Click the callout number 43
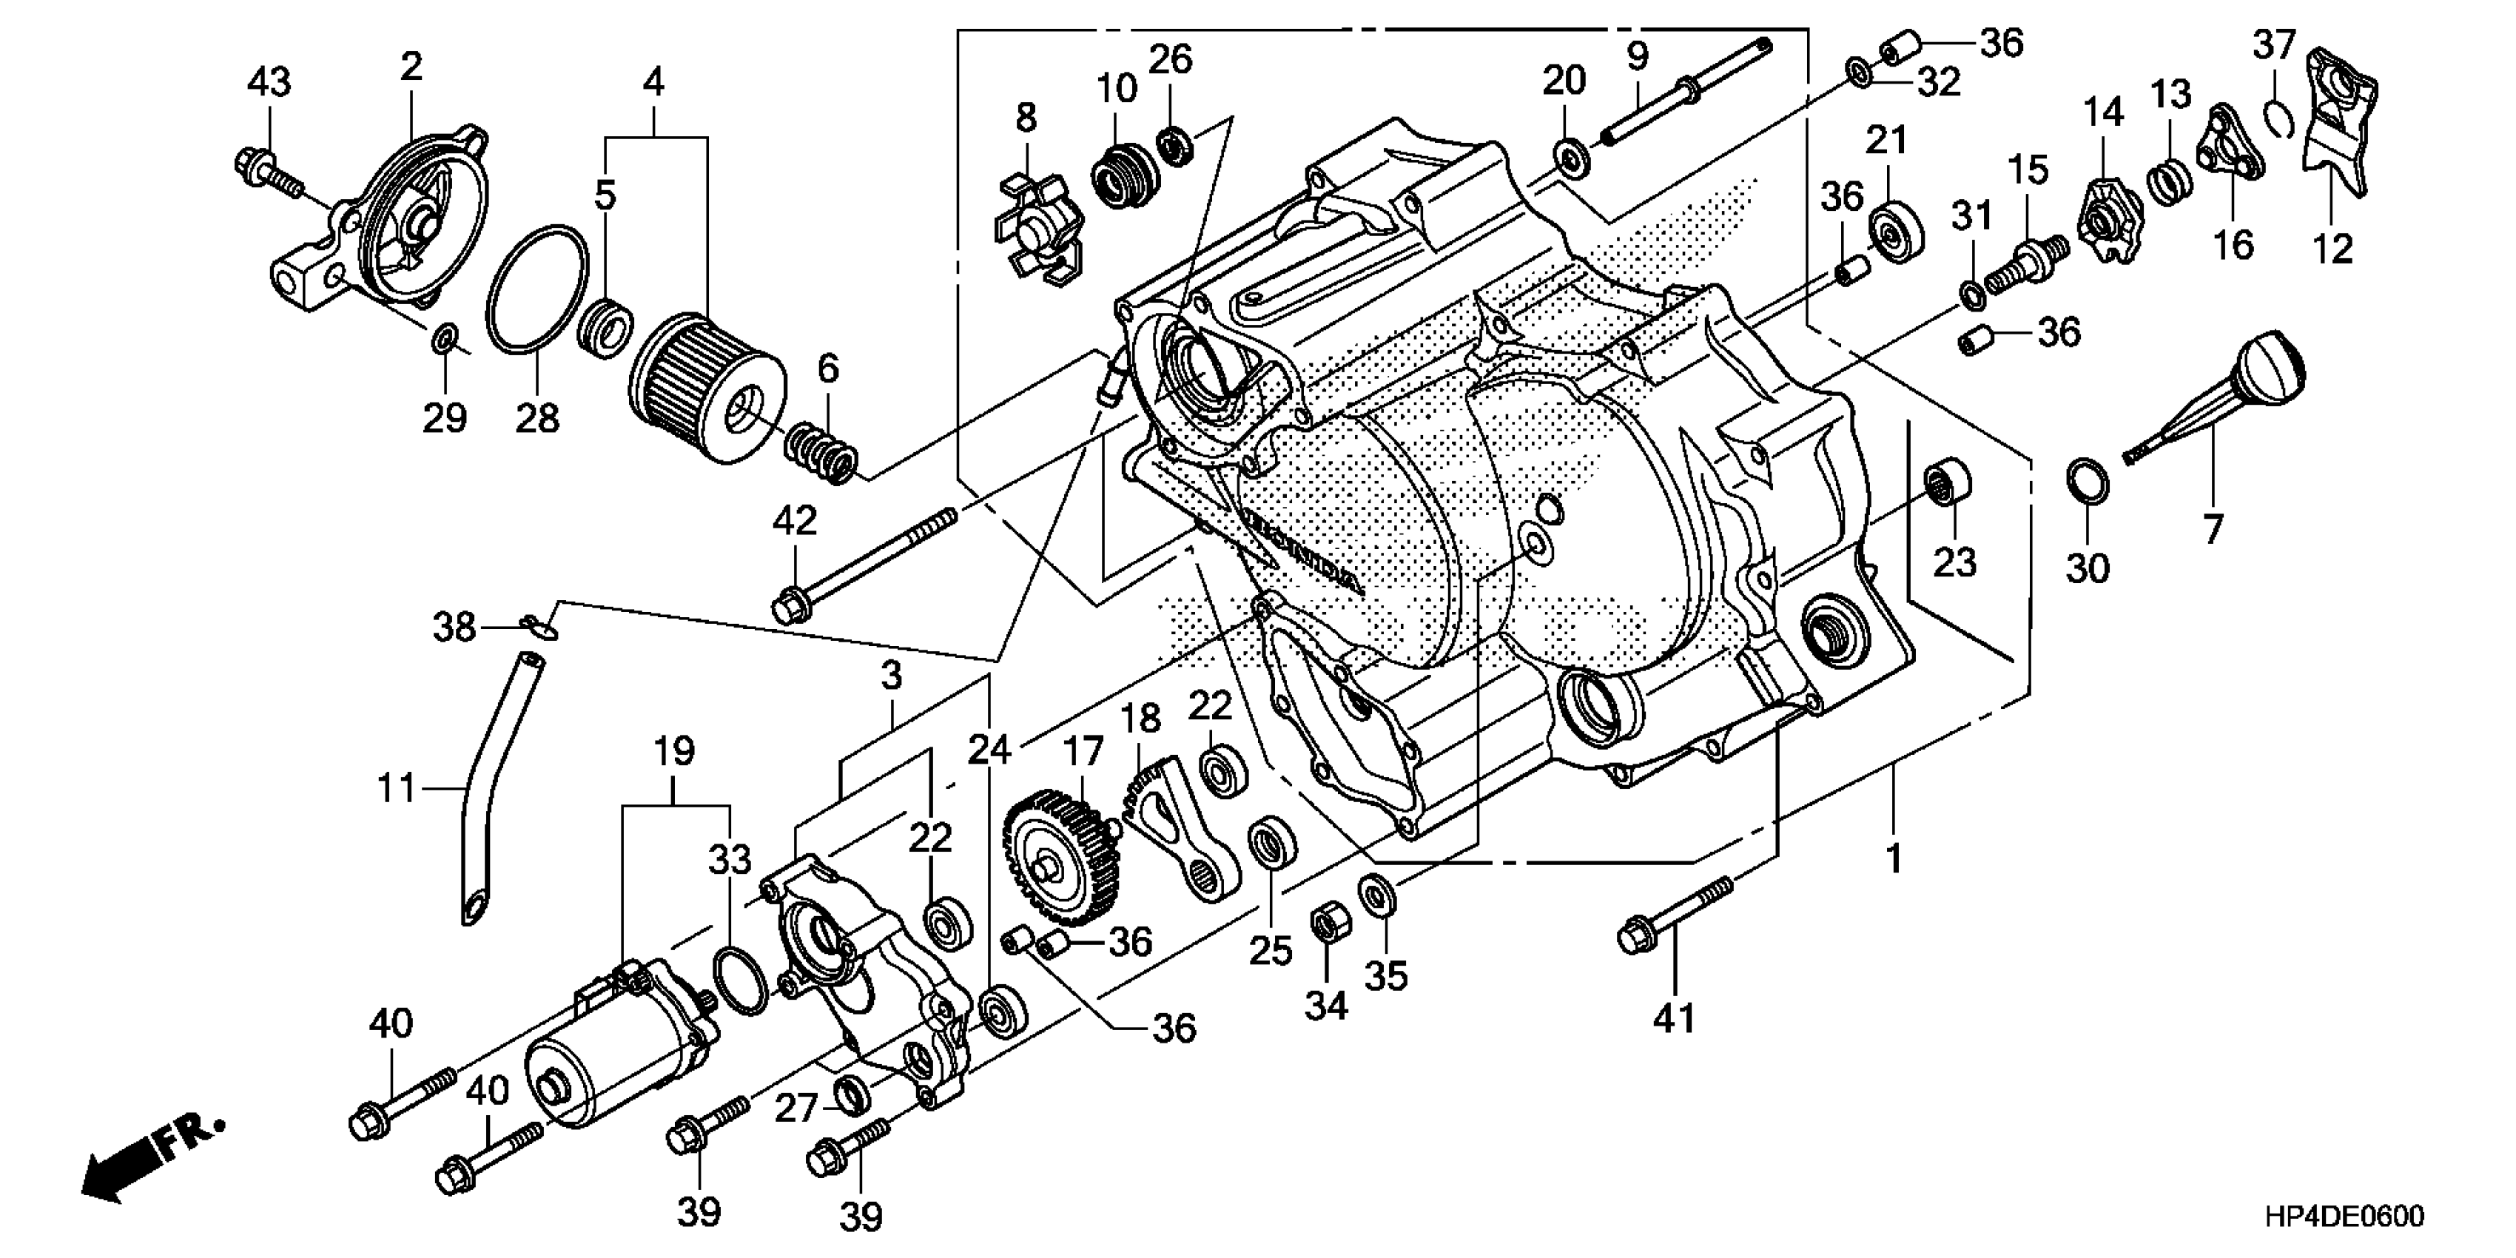269,82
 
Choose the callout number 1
1893,858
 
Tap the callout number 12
2333,250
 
